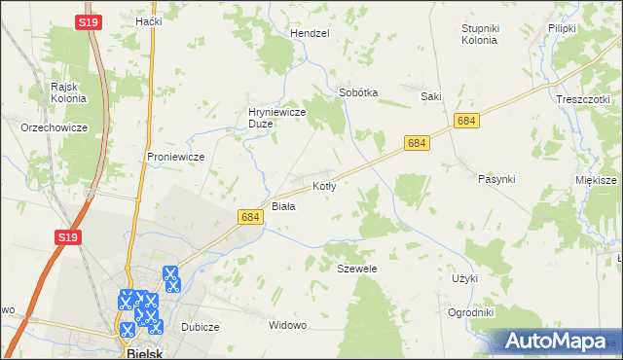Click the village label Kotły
click(324, 185)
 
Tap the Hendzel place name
click(311, 33)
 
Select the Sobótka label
click(357, 92)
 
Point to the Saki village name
click(431, 96)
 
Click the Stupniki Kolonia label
click(479, 35)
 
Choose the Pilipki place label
click(563, 29)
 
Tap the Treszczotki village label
click(583, 99)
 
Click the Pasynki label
click(496, 179)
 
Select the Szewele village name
click(356, 268)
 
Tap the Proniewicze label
click(174, 156)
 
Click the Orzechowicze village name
click(55, 127)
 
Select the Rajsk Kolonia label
click(68, 92)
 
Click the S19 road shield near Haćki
click(87, 20)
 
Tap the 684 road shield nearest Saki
click(467, 121)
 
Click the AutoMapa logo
click(554, 341)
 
